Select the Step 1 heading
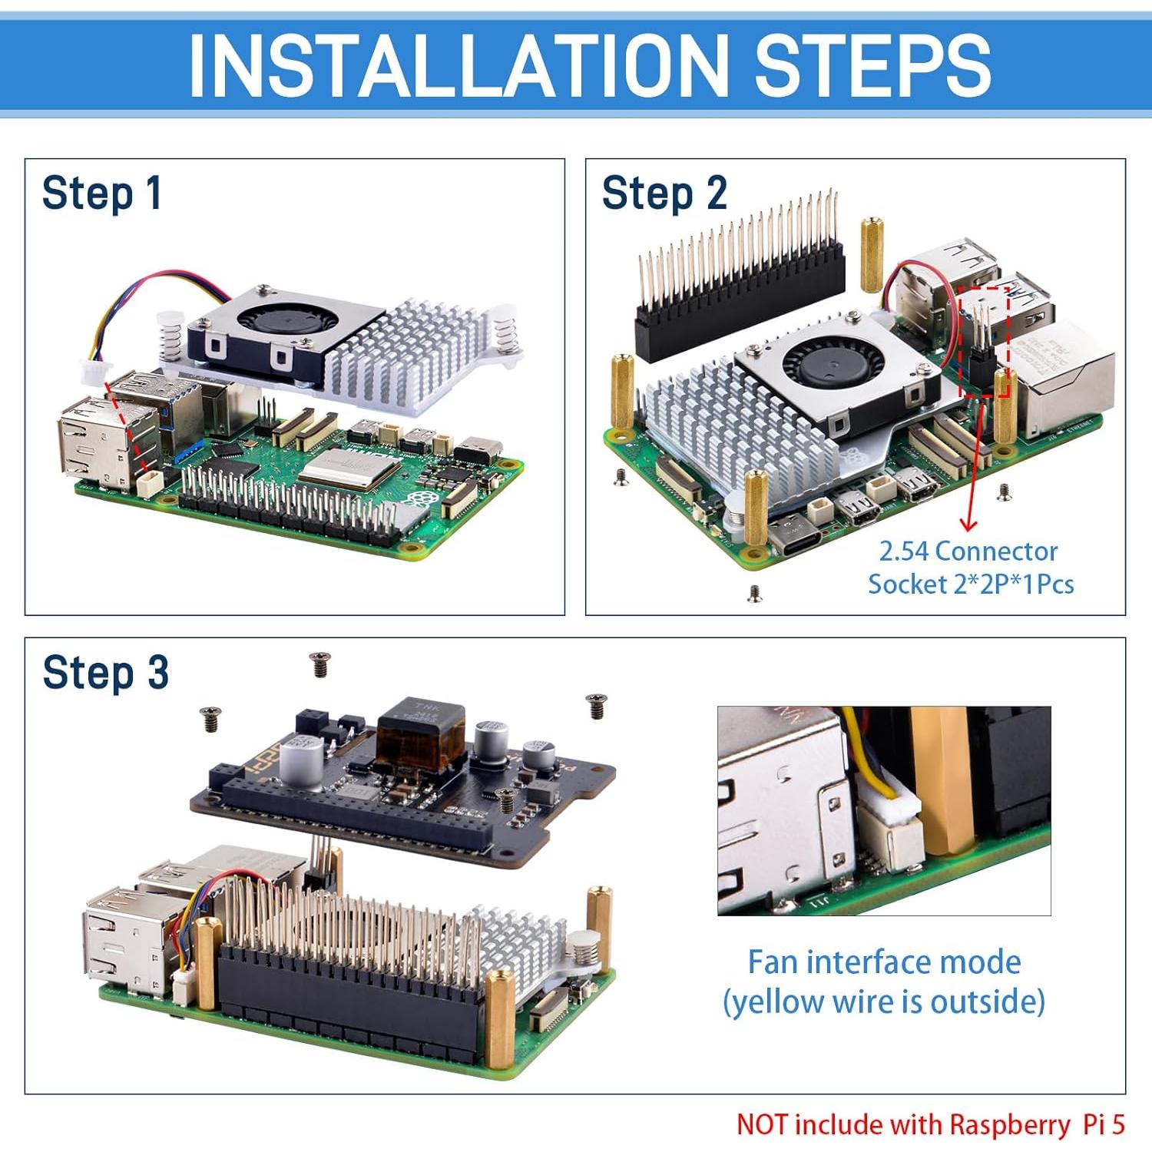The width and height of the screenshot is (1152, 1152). pos(101,193)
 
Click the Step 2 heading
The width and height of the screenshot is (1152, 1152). pos(664,193)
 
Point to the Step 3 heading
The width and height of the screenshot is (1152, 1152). pos(105,673)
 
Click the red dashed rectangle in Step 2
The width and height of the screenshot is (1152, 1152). pos(984,342)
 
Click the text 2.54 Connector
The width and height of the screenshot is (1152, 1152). pos(968,551)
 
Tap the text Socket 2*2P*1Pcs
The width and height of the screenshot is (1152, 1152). pos(970,584)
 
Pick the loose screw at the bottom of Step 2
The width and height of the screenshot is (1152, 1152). pos(755,592)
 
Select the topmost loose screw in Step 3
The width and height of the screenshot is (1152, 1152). pos(320,664)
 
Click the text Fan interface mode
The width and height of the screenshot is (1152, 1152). pos(884,962)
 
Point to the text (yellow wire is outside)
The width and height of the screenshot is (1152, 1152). pos(884,1001)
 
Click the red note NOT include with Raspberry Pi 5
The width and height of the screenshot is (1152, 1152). pos(930,1124)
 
